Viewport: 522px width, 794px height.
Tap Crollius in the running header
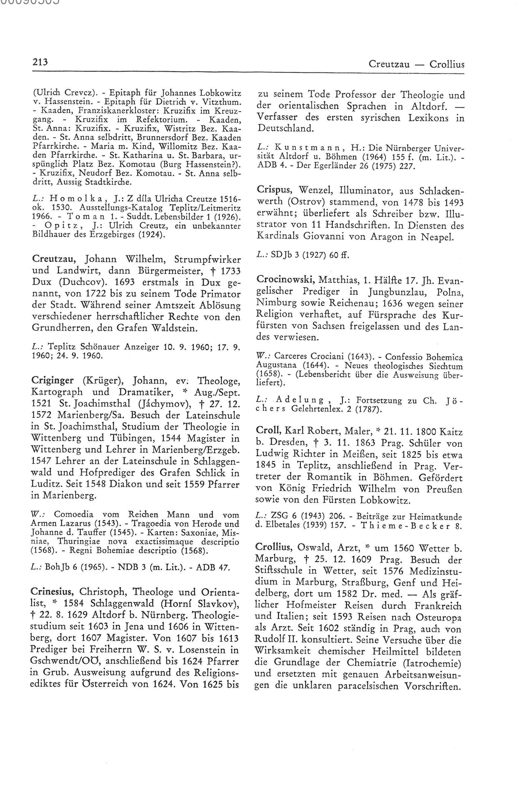tap(447, 64)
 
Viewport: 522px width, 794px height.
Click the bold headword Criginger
tap(52, 380)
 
